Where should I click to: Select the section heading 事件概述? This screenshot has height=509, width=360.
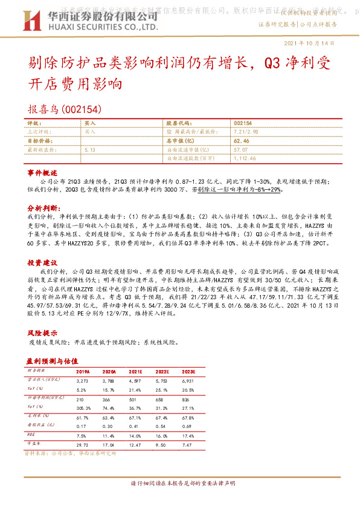tap(42, 173)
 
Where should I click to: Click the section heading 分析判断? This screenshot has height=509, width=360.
tap(42, 206)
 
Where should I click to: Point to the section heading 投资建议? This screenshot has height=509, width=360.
tap(42, 263)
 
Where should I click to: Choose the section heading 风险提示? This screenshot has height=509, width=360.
tap(42, 333)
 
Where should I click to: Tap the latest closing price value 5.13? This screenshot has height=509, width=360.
tap(91, 149)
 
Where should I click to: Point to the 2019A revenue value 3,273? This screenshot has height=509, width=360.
tap(83, 381)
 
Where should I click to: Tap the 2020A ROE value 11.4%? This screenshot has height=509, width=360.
tap(109, 435)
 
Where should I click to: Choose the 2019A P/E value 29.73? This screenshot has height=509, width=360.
tap(83, 445)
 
